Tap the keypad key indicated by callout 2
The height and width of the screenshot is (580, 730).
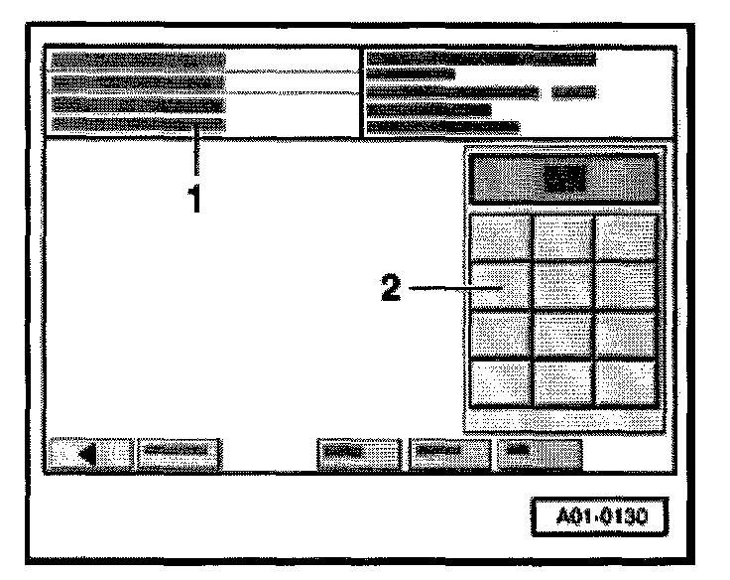pos(500,287)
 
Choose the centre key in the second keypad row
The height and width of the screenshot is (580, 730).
pos(563,287)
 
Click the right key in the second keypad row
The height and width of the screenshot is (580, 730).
pos(626,287)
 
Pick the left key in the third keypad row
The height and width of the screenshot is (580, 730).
pos(500,335)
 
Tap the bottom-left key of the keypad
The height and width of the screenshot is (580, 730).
pos(500,382)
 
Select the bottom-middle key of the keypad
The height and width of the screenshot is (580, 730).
pos(563,382)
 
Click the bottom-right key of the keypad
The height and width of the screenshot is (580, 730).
pos(626,382)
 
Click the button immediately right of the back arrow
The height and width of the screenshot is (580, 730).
pos(179,452)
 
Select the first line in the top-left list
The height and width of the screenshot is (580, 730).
pos(139,62)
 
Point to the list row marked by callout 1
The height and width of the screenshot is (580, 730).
pos(139,124)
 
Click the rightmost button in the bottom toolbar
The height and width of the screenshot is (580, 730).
pos(539,452)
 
